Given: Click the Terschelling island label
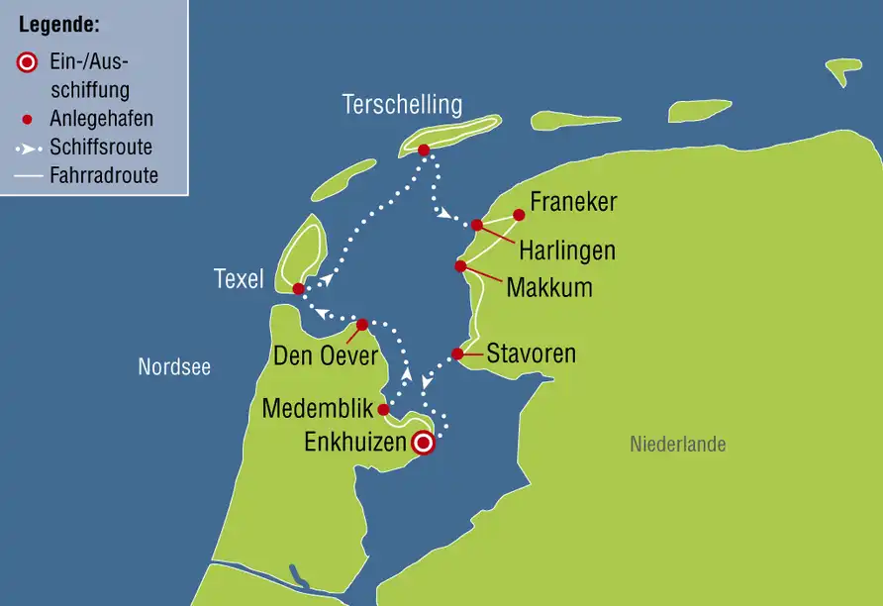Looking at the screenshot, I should tap(402, 104).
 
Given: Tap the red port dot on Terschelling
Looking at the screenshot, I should tap(424, 151).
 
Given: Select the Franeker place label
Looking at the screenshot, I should tap(573, 203).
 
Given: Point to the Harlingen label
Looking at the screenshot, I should tap(567, 252).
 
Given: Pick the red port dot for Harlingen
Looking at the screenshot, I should tap(477, 225).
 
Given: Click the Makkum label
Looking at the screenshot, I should tap(549, 288).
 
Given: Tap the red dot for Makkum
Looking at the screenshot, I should tap(460, 266).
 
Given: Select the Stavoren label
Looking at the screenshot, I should tap(531, 353).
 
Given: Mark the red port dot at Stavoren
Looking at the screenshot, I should tap(457, 353).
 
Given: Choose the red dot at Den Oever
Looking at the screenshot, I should tap(362, 324).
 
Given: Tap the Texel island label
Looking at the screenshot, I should tap(240, 280).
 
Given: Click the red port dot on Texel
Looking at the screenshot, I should tap(299, 289).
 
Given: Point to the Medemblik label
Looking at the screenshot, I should tap(318, 408).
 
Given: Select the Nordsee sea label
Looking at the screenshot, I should tap(174, 367).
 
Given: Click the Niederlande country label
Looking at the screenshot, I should tap(678, 445).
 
